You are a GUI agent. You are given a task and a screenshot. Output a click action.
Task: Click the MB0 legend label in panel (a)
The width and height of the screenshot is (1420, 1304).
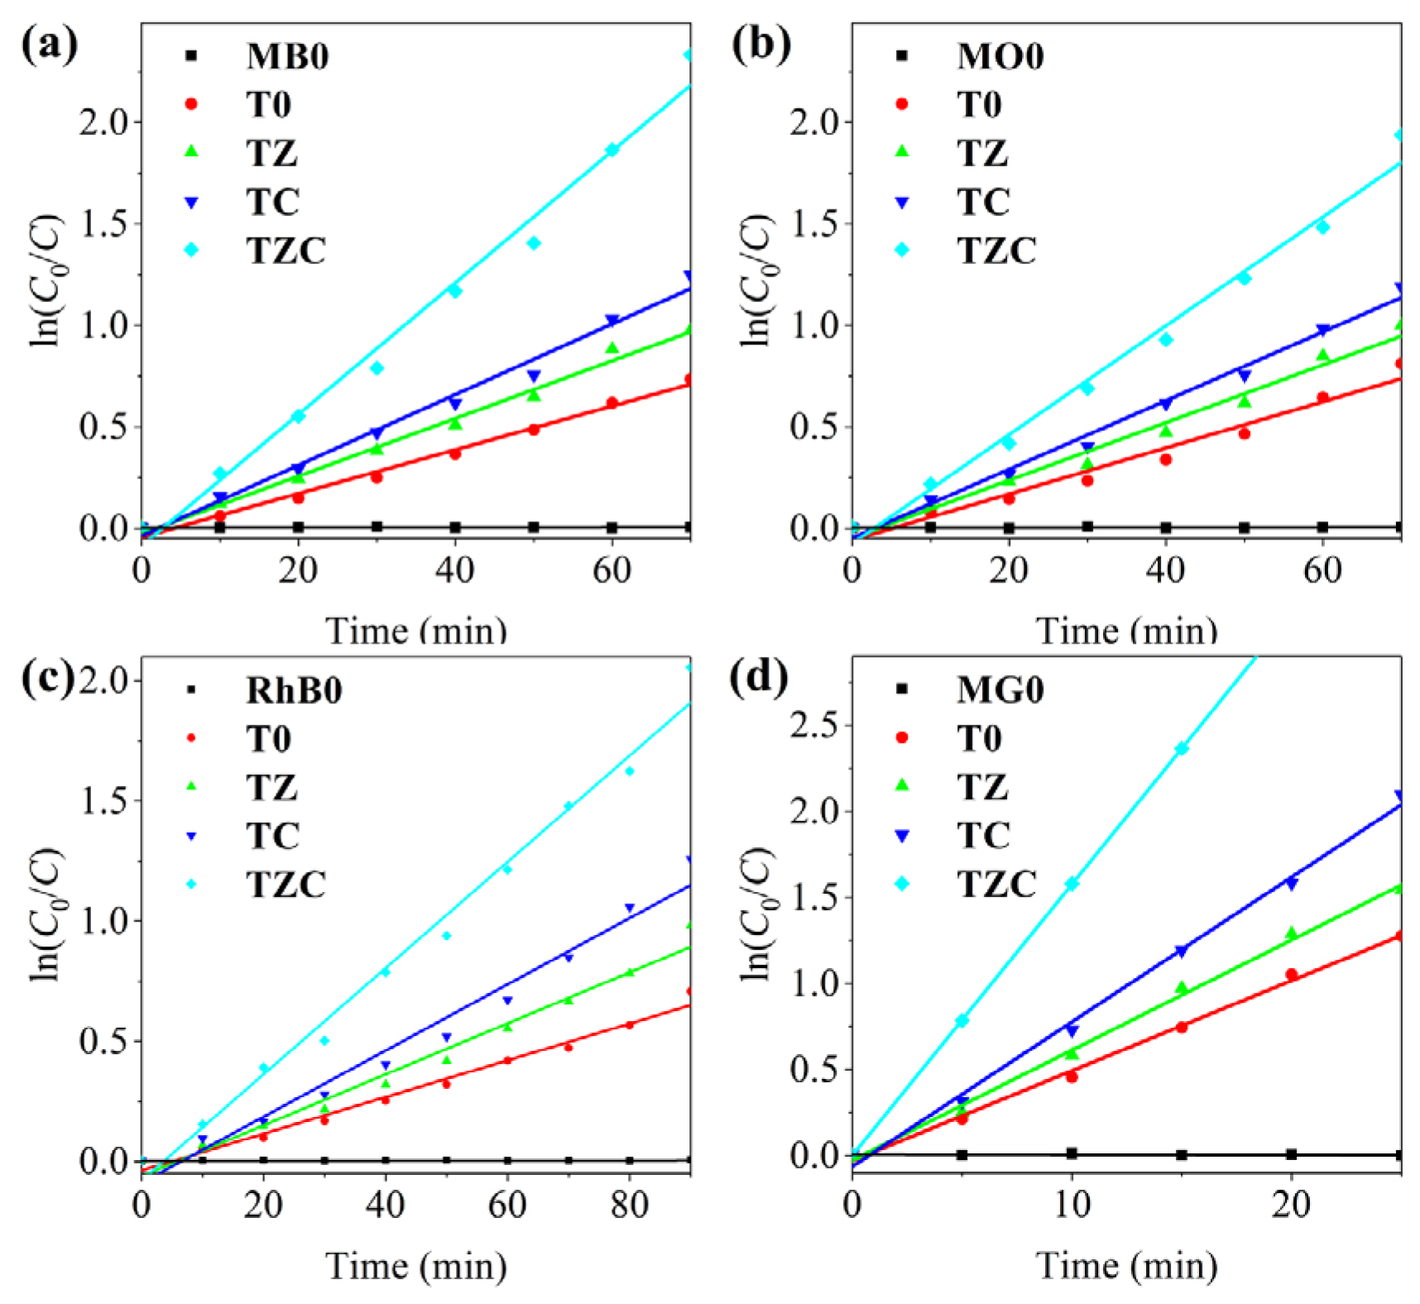287,56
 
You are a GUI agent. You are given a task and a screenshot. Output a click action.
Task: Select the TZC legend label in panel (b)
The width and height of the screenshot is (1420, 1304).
996,250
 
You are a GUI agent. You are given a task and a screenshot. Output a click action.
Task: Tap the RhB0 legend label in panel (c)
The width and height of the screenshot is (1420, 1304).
294,690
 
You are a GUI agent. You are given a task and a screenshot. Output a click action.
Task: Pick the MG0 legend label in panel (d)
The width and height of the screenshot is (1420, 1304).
1000,689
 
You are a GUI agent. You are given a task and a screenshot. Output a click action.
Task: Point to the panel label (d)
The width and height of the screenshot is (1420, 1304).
759,678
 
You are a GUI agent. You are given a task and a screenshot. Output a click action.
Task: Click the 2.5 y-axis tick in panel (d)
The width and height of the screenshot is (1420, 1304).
813,725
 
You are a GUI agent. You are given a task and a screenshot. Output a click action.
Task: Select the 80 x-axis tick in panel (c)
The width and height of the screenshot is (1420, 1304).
629,1206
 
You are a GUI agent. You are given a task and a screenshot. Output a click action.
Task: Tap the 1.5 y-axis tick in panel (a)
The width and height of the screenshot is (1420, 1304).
104,224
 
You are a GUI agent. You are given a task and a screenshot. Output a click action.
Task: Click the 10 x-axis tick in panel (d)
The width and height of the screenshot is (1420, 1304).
1072,1206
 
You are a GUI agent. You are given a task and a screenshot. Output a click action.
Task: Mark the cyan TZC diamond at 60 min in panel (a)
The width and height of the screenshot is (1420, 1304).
612,150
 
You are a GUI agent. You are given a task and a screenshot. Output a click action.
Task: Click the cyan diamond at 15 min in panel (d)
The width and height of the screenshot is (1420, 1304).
1182,748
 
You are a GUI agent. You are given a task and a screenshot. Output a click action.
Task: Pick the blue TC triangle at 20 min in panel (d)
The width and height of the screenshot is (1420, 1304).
1291,884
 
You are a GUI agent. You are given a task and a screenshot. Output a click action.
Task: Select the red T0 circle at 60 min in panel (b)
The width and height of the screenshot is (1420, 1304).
1322,397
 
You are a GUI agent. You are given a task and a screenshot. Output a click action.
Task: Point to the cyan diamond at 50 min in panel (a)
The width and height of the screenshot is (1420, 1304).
534,243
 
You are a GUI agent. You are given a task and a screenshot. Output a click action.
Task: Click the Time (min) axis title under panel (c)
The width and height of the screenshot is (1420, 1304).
415,1266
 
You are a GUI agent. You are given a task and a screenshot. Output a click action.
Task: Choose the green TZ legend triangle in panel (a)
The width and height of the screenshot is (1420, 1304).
191,151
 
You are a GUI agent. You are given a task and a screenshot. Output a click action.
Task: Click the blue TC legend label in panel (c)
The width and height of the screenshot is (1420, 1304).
272,836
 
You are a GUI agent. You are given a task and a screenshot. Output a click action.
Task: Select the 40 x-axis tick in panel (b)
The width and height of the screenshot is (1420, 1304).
1165,571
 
